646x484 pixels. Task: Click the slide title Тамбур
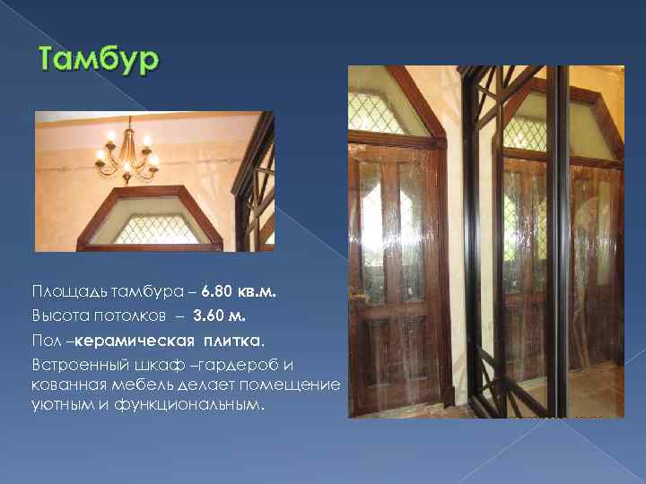[99, 61]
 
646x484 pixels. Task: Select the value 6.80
[217, 292]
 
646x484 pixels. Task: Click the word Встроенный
[76, 365]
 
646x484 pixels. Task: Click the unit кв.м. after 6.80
[258, 292]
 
